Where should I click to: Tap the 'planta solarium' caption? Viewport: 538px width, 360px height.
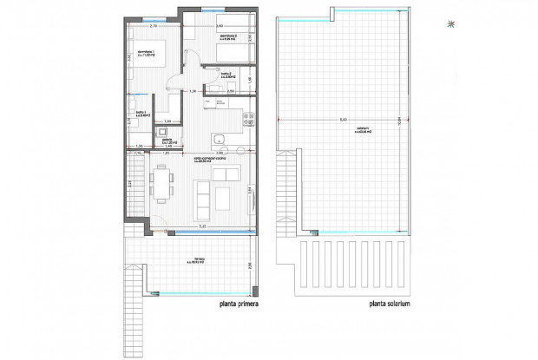click(x=395, y=304)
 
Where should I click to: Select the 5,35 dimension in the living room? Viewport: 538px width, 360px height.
click(x=202, y=227)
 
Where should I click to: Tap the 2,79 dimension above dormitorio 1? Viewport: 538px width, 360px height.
click(x=152, y=26)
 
